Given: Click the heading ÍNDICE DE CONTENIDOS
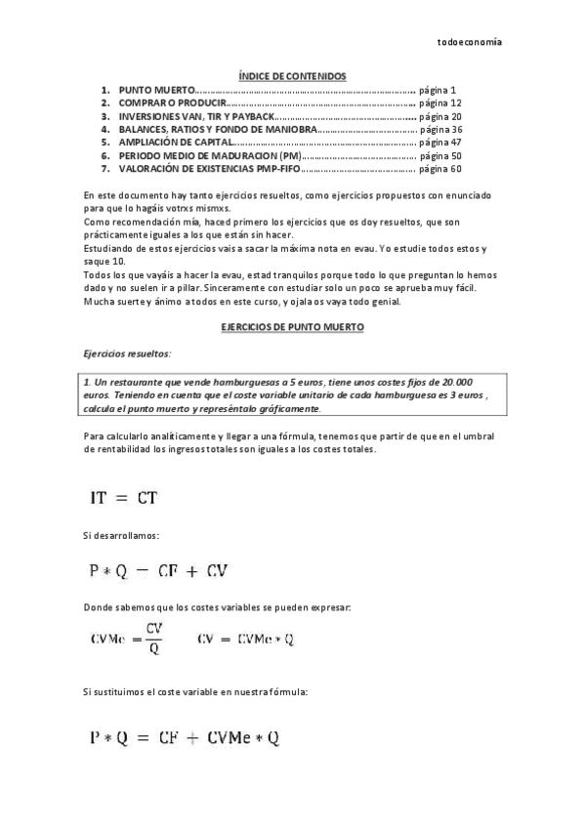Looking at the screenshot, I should (292, 75).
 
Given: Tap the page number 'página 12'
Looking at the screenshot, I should (439, 103).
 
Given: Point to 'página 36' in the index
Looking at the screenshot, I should (440, 129).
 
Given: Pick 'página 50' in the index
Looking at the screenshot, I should (439, 155).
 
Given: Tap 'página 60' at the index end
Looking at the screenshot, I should (439, 169).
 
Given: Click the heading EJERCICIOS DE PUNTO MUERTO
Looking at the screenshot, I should (292, 330).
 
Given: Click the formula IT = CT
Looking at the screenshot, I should (124, 498).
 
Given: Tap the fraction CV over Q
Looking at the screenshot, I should (154, 640).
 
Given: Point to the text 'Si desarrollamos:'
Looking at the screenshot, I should (122, 536).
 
